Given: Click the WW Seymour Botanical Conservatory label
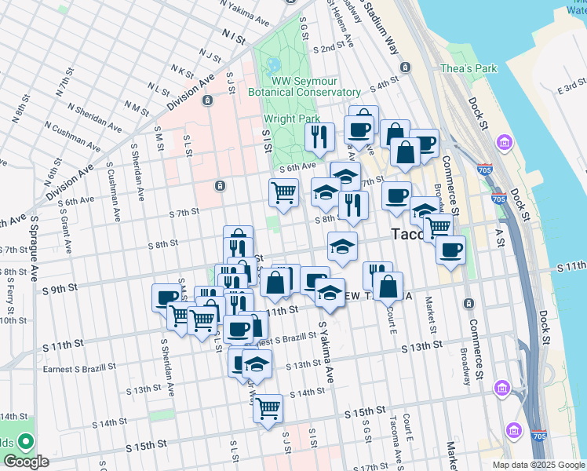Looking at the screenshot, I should (315, 87).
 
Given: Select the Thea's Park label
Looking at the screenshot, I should (469, 69).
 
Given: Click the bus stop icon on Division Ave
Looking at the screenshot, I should (208, 101).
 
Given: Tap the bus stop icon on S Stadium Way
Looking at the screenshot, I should (404, 67).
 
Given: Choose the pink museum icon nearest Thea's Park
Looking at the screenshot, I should (504, 143).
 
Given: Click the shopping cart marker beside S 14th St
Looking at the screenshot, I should (268, 409).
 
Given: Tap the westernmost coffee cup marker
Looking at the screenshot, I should (166, 298).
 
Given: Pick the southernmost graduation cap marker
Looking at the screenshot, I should (257, 363).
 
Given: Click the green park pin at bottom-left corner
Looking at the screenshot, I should (25, 442).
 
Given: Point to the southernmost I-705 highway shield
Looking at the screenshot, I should (537, 455).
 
